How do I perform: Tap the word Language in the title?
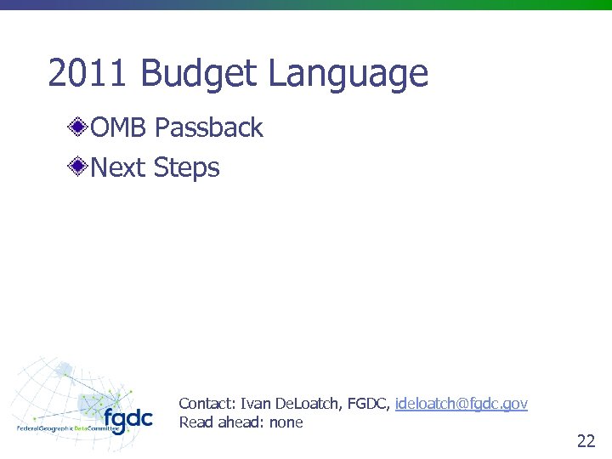348,74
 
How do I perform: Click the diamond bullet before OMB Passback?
79,128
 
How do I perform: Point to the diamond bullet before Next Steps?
79,167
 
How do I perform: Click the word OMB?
120,128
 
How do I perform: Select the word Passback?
209,128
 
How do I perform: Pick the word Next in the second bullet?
118,167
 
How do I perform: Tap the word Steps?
187,167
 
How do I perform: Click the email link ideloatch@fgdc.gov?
462,404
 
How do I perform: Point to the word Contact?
207,404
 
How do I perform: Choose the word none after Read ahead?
286,422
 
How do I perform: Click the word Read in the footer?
195,422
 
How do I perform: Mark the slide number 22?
586,441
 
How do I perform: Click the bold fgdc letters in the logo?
127,418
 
